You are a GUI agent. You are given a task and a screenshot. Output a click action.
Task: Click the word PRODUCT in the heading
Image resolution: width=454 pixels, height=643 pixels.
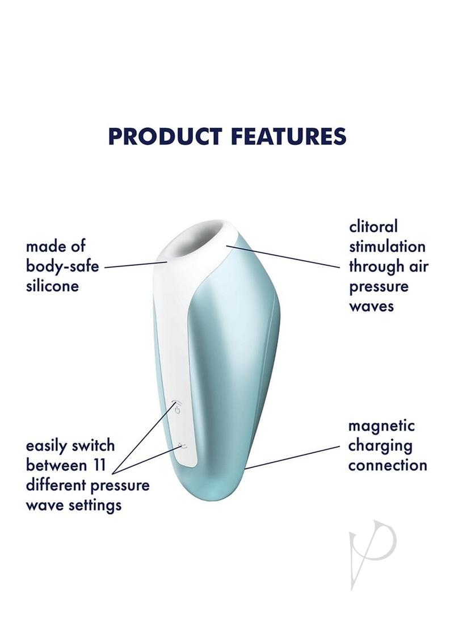click(165, 136)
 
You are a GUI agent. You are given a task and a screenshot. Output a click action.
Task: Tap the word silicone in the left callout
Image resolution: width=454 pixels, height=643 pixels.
click(52, 285)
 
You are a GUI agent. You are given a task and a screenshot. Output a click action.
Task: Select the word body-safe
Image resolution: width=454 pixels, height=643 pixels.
click(62, 266)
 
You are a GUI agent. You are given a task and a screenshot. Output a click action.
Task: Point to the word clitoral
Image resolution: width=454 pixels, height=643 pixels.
click(373, 227)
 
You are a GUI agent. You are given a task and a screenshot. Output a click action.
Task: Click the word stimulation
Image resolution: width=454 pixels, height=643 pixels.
click(387, 247)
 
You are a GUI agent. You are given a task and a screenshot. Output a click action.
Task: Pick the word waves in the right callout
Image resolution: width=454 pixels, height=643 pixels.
click(371, 306)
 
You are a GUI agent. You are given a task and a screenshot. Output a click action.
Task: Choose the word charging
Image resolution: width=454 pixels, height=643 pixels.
click(380, 446)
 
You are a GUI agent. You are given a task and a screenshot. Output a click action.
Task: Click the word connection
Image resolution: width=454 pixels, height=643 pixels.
click(388, 465)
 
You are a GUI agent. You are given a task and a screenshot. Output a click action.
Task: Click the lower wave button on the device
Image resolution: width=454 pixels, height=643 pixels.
click(183, 446)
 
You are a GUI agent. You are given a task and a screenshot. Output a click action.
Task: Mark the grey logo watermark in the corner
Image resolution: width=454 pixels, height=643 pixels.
click(372, 554)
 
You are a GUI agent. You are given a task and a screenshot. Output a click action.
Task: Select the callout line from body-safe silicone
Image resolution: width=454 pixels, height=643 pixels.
click(136, 264)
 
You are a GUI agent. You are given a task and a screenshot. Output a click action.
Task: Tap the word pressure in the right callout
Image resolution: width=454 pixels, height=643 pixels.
click(379, 287)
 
